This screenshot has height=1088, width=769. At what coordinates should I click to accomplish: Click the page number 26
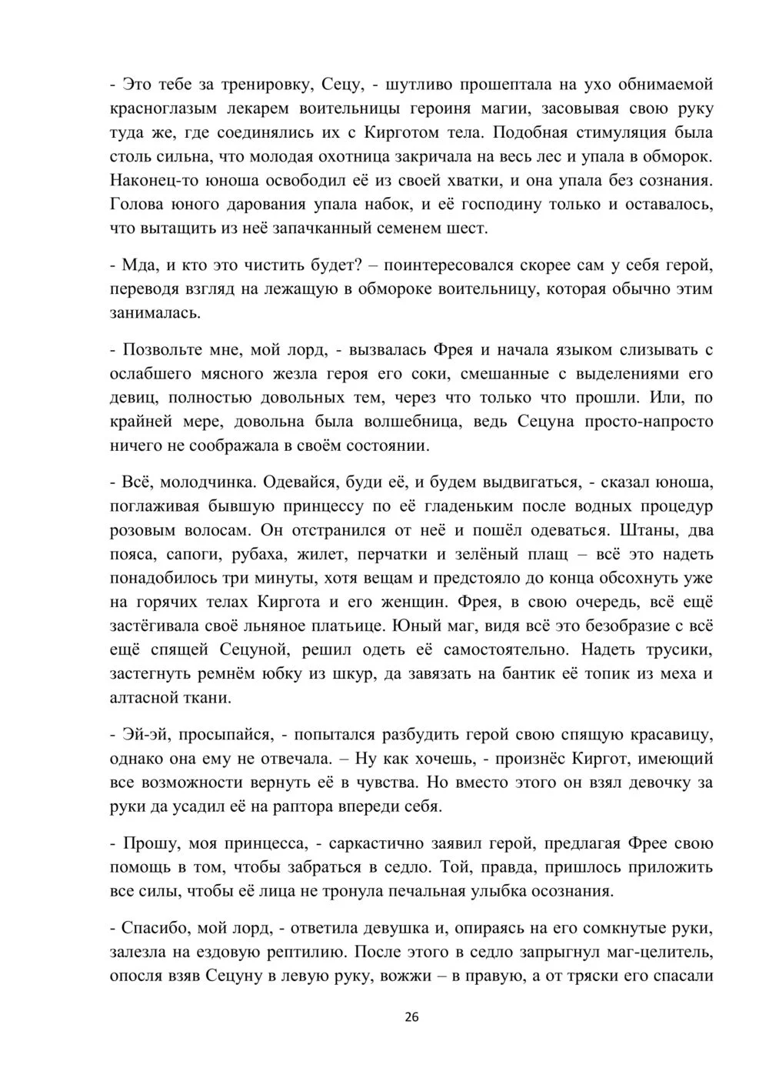[411, 1017]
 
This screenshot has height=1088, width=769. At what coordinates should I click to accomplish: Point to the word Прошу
[148, 843]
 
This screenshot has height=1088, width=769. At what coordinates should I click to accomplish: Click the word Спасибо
[154, 928]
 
